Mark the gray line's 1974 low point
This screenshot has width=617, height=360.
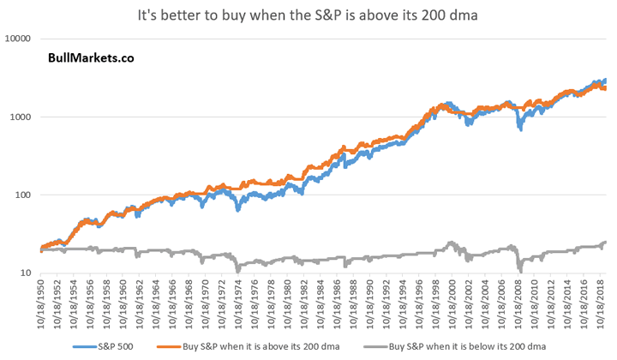point(237,271)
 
